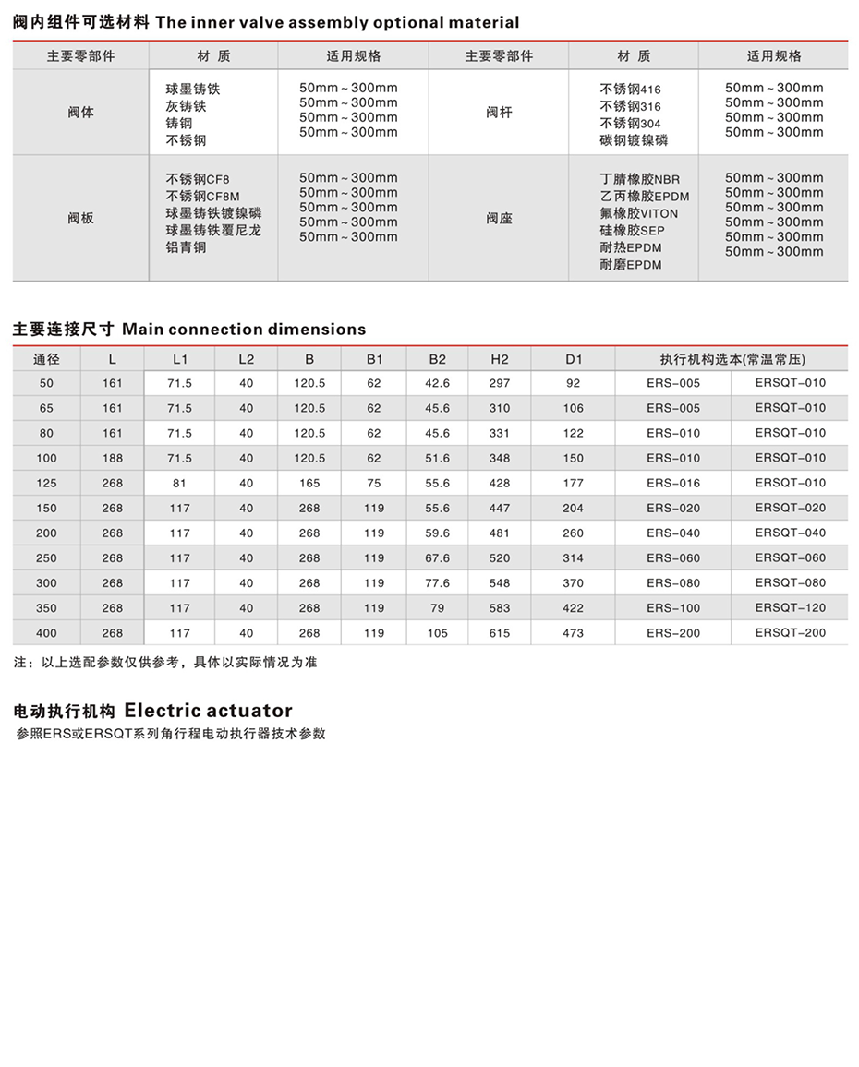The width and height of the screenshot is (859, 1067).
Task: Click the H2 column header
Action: click(499, 359)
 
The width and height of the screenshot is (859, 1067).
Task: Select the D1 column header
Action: click(573, 359)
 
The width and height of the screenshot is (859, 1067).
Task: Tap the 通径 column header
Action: click(46, 359)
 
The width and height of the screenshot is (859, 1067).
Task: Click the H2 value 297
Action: click(499, 383)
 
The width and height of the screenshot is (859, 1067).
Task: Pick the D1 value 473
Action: click(573, 633)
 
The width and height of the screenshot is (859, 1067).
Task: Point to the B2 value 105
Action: click(438, 633)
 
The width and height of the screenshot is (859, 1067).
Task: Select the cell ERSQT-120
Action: click(790, 608)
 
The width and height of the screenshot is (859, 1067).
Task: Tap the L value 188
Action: click(113, 458)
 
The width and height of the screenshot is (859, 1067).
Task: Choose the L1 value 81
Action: click(179, 483)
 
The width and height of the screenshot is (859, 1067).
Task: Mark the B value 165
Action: click(309, 483)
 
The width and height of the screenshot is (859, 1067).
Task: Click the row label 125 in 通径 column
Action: click(46, 483)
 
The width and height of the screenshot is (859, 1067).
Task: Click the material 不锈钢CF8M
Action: click(202, 196)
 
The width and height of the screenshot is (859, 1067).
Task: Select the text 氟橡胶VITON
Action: click(638, 213)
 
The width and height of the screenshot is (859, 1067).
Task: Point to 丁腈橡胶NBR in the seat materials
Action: click(639, 178)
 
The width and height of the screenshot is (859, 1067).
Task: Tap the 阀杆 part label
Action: click(499, 113)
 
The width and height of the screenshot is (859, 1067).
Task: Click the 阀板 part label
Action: click(80, 219)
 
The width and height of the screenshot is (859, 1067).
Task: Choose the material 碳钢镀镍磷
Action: click(634, 140)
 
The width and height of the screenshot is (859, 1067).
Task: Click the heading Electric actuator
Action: click(208, 711)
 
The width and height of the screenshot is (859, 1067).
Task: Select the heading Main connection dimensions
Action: click(244, 330)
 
